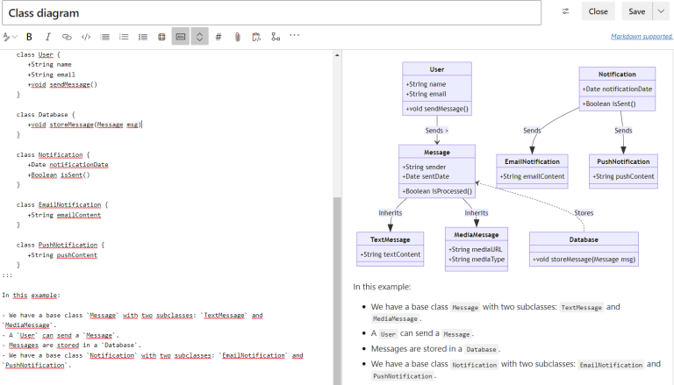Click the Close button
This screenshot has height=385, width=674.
point(598,11)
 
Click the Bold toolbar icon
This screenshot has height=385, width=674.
point(29,37)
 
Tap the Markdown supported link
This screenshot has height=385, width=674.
point(642,37)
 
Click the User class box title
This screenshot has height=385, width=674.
point(437,68)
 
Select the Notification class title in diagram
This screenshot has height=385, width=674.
point(617,74)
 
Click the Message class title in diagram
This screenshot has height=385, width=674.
point(436,152)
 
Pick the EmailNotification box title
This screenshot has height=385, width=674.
point(533,161)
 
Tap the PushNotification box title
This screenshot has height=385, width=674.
point(622,161)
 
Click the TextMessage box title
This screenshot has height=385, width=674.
point(390,239)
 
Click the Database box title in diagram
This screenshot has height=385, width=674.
point(584,239)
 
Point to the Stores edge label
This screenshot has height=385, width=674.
point(584,213)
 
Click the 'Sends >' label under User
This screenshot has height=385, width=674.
point(437,130)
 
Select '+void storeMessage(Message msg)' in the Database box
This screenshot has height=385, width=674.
point(584,259)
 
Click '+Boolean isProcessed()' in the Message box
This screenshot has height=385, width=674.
point(437,190)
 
